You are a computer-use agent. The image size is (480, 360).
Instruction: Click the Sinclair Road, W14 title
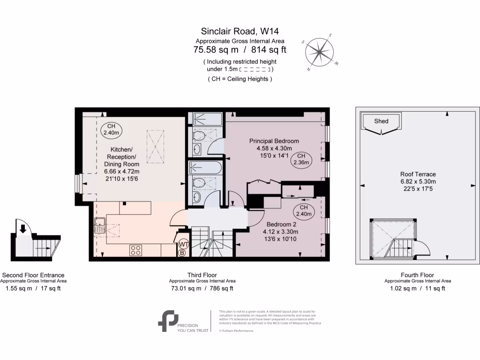[240, 32]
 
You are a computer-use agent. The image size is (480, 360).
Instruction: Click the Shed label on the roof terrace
[381, 121]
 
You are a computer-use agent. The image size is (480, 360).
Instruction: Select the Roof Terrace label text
[418, 174]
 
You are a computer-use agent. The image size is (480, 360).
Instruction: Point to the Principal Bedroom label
[274, 141]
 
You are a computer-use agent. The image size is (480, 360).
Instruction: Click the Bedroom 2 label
[280, 224]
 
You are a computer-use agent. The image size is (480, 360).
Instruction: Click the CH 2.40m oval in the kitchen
[111, 130]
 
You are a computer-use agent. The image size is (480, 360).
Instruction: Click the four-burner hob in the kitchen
[136, 251]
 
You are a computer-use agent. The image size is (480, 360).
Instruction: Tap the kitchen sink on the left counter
[99, 226]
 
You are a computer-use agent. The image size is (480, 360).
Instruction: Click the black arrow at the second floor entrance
[22, 229]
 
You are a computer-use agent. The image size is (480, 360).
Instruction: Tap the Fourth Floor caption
[418, 275]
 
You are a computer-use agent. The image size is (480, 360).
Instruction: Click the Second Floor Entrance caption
[33, 275]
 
